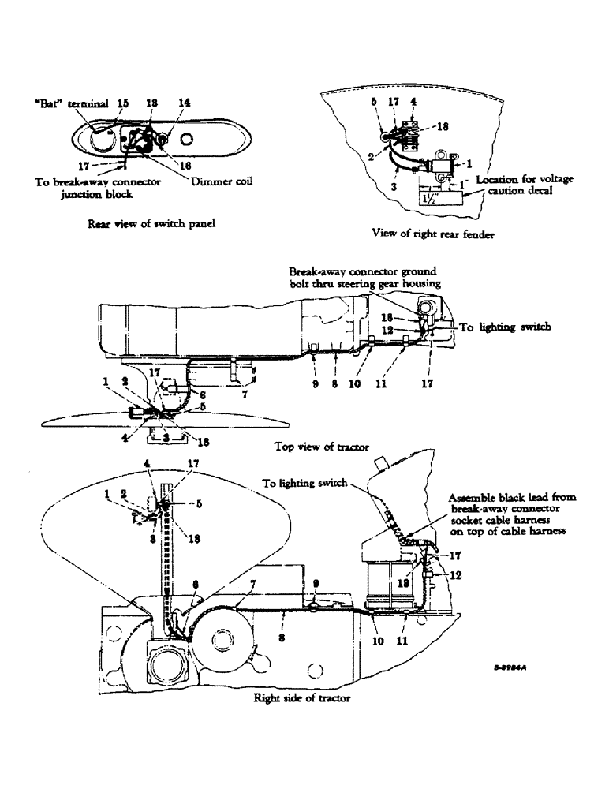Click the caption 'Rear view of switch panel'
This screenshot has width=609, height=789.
pos(153,223)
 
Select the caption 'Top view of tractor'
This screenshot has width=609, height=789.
pos(321,447)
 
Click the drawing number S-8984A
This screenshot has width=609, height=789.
pos(509,667)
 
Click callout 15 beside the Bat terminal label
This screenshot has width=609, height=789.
pos(121,103)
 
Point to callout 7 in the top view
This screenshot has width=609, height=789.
pos(245,394)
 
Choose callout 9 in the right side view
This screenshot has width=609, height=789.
pos(315,585)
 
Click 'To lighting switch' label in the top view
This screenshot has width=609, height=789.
pos(494,327)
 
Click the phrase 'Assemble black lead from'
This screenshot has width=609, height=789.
pos(512,498)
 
